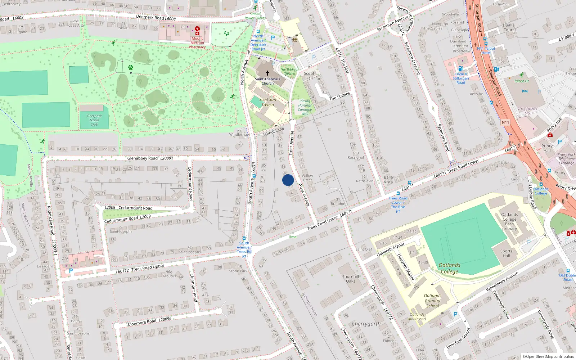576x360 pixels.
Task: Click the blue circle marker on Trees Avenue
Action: [x=288, y=180]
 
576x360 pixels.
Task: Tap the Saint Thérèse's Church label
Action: [x=267, y=81]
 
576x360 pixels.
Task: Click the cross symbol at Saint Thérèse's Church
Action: [x=267, y=73]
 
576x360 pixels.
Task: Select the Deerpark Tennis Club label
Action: [x=94, y=120]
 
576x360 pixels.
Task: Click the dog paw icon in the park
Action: [x=131, y=67]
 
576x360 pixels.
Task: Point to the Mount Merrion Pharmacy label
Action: [x=197, y=42]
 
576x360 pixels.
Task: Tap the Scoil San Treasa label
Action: [x=267, y=102]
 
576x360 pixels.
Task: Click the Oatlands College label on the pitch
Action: [x=449, y=268]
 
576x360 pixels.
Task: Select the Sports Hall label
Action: [x=506, y=253]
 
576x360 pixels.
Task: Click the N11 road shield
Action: [x=505, y=122]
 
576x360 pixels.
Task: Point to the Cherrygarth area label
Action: [x=366, y=324]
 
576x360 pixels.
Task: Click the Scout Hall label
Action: [x=309, y=76]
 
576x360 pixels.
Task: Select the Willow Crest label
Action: [x=307, y=178]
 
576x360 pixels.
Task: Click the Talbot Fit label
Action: [x=522, y=81]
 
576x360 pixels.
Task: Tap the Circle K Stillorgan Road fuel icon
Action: [x=460, y=68]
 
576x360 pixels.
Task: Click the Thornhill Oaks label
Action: [x=351, y=279]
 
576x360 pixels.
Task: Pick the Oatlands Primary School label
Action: [x=432, y=301]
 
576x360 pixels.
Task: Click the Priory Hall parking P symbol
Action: [x=559, y=142]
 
